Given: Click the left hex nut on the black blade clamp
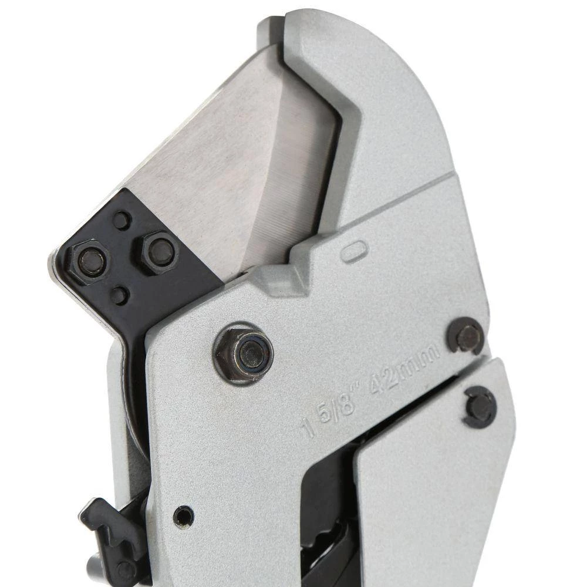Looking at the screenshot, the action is click(89, 259).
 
